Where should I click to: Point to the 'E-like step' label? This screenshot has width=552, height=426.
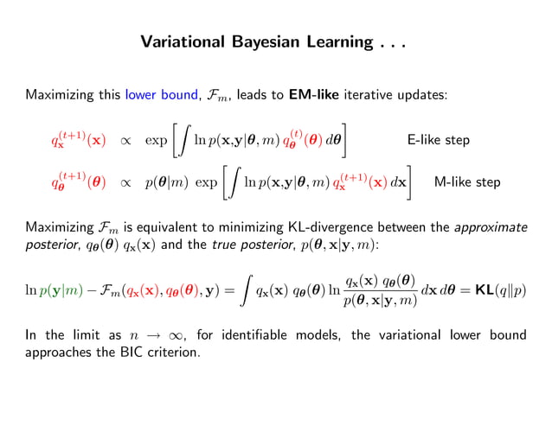point(438,139)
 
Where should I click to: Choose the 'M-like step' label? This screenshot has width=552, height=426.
point(467,182)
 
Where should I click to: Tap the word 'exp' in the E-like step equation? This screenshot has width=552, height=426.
point(157,140)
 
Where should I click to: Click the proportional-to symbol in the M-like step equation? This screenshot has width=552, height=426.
point(125,183)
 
